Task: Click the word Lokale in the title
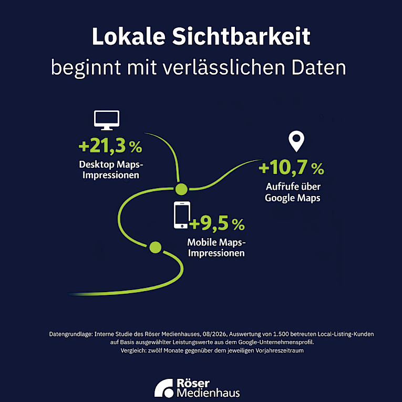coord(129,36)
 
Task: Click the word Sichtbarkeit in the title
coord(241,36)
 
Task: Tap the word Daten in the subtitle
coord(318,67)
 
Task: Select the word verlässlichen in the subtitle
coord(223,67)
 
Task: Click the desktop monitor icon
coord(107,120)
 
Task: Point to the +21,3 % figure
coord(110,146)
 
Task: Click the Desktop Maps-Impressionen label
coord(111,170)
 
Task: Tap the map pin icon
coord(296,141)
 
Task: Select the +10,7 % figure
coord(291,168)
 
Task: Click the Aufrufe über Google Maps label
coord(293,192)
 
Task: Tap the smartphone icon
coord(182,215)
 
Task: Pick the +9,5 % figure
coord(217,223)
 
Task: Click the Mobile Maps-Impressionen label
coord(217,248)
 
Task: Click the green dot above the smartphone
coord(181,189)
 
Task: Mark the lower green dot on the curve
coord(156,247)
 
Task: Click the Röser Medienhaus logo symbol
coord(164,388)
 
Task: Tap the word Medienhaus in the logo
coord(208,393)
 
